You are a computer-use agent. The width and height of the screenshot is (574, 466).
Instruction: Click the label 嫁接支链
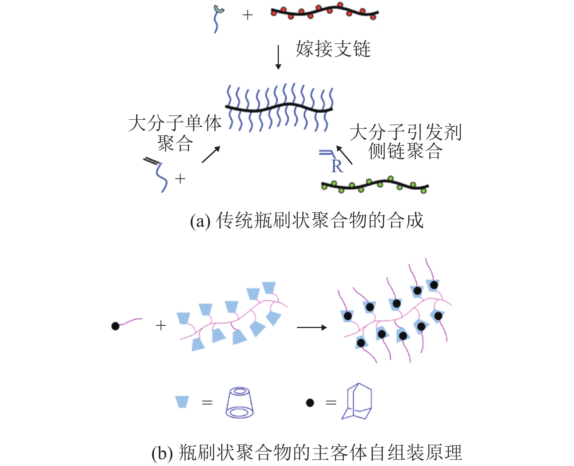click(x=333, y=49)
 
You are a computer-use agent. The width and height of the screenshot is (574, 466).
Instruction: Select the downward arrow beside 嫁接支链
click(x=278, y=57)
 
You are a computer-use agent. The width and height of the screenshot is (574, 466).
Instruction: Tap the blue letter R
click(x=337, y=166)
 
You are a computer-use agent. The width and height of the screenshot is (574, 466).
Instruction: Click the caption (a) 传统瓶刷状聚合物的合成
click(x=306, y=220)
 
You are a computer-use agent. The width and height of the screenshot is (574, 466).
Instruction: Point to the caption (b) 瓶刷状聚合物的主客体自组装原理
click(x=306, y=453)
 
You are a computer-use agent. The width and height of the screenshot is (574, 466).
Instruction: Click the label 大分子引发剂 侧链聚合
click(x=405, y=142)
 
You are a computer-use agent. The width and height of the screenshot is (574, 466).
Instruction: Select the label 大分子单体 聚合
click(x=175, y=133)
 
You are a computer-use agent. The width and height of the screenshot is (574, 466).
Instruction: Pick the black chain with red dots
click(x=324, y=12)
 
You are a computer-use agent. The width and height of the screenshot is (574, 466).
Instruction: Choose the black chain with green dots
click(x=375, y=185)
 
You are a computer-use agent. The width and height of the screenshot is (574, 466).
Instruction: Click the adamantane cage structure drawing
click(x=357, y=402)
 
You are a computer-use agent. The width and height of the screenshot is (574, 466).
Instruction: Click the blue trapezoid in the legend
click(x=182, y=402)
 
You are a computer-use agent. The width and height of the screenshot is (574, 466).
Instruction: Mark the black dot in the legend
click(x=310, y=403)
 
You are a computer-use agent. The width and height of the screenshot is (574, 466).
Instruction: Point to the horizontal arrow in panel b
click(x=312, y=328)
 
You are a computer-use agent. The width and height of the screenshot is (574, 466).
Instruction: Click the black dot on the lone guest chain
click(x=116, y=326)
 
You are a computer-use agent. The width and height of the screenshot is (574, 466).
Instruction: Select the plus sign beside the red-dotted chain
click(x=247, y=15)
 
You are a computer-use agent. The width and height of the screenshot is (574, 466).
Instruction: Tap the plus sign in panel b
click(x=161, y=325)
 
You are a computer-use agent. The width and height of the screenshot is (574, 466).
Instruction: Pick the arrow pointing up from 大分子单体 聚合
click(x=211, y=154)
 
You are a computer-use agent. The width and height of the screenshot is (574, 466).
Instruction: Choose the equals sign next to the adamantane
click(x=331, y=403)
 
